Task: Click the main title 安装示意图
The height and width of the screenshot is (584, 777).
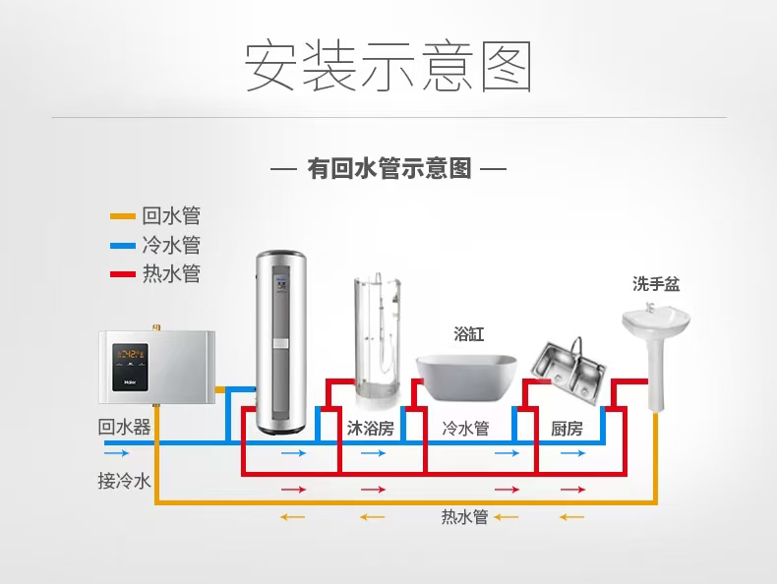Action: pyautogui.click(x=388, y=66)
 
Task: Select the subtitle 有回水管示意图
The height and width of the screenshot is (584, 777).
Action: pyautogui.click(x=388, y=168)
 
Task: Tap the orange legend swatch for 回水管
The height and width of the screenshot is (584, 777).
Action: pyautogui.click(x=122, y=216)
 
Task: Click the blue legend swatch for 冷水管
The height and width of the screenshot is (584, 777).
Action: pyautogui.click(x=122, y=245)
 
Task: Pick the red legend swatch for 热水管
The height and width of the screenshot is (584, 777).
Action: pyautogui.click(x=122, y=273)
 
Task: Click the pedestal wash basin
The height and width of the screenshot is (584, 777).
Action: pyautogui.click(x=655, y=349)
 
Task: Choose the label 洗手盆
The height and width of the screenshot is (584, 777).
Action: pyautogui.click(x=655, y=285)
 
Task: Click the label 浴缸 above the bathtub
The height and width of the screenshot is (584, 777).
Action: pyautogui.click(x=468, y=334)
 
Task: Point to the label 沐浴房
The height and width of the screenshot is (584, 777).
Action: pyautogui.click(x=370, y=429)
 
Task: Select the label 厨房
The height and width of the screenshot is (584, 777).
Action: pyautogui.click(x=567, y=429)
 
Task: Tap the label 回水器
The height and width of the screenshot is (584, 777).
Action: pyautogui.click(x=125, y=427)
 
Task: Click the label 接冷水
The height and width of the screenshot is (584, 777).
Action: pyautogui.click(x=124, y=481)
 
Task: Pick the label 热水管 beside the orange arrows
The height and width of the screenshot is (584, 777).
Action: pyautogui.click(x=464, y=517)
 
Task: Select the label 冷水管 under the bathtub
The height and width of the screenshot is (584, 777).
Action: pyautogui.click(x=465, y=429)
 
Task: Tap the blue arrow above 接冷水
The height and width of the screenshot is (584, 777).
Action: pyautogui.click(x=116, y=453)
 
